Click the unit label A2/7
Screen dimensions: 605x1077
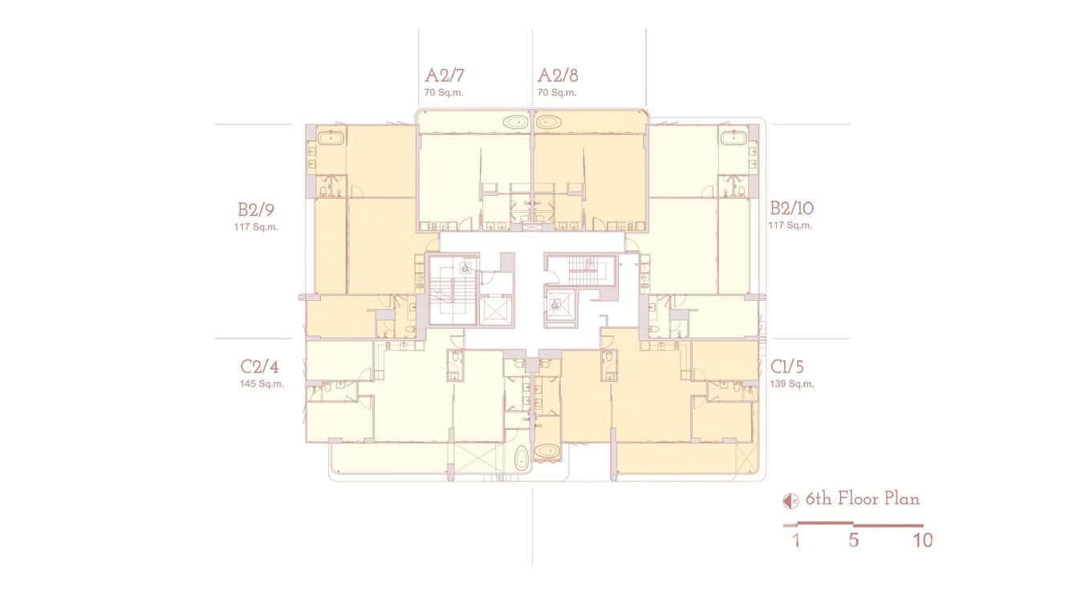445,76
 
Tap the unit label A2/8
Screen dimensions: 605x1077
558,76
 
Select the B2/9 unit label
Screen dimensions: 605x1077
257,210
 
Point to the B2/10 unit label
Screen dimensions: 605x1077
791,209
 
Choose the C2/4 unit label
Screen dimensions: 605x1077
260,367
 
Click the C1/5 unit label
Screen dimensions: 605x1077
787,367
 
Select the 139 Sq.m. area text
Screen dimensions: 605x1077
792,384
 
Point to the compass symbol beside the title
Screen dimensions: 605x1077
790,501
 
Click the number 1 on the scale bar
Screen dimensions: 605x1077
796,541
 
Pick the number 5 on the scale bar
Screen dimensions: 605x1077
853,541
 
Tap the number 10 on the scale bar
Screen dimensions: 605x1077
923,541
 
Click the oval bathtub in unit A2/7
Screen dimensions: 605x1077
514,123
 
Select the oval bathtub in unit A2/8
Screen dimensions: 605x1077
550,123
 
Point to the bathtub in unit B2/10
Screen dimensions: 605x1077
733,138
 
